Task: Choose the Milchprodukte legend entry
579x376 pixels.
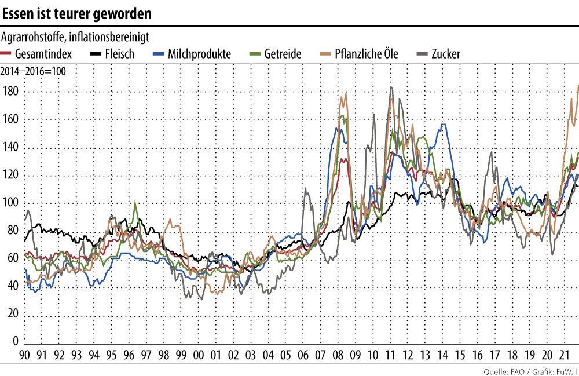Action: point(191,54)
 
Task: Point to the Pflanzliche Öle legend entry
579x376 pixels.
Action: point(358,54)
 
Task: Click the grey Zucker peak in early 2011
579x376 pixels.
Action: point(391,87)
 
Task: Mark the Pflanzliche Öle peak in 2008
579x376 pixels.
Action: point(346,94)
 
